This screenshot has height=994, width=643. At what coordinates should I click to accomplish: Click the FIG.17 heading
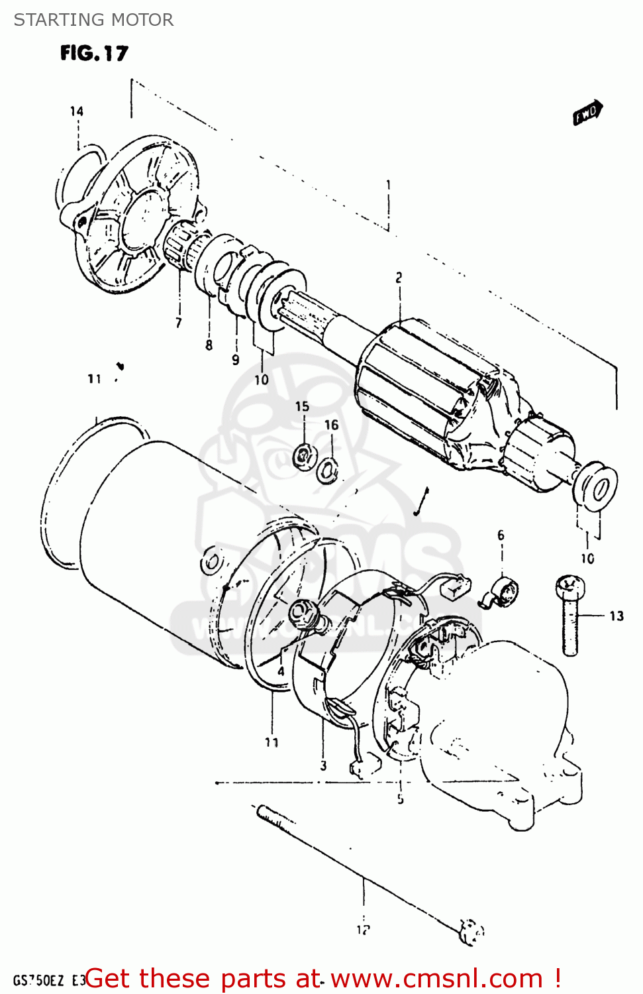(94, 53)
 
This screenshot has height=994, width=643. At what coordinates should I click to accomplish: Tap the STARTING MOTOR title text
(93, 20)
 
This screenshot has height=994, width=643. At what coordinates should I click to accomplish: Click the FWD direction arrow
(587, 113)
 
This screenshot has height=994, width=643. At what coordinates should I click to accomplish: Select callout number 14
(77, 111)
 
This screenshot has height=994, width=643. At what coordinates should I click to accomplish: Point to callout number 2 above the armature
(399, 278)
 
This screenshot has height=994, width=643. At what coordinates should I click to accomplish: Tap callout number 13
(616, 616)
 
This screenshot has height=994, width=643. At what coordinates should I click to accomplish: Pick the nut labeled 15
(303, 455)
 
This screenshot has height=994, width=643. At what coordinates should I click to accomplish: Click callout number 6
(501, 535)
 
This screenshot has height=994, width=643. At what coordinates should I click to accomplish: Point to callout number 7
(178, 323)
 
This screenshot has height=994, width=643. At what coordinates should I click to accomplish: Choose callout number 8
(209, 345)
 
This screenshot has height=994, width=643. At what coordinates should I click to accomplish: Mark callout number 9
(236, 360)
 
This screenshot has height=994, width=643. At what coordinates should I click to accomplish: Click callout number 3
(323, 766)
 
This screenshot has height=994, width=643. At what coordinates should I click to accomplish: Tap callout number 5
(401, 799)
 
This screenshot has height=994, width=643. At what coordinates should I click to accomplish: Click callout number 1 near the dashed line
(389, 185)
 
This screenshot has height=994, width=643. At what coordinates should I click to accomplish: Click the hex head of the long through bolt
(471, 931)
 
